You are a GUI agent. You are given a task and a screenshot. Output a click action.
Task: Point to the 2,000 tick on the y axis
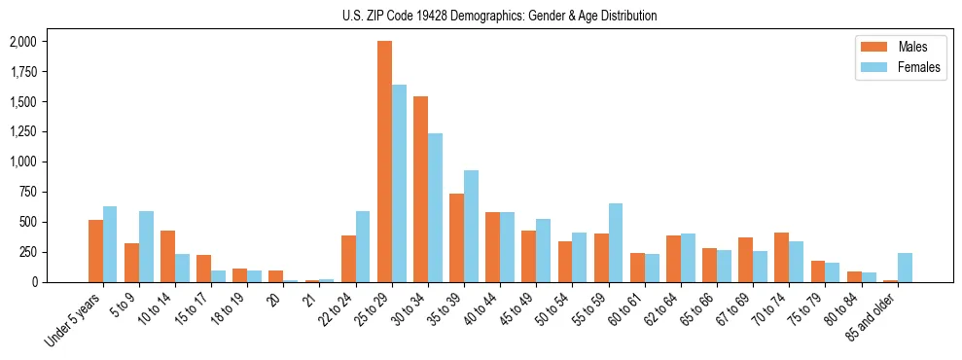(x=22, y=42)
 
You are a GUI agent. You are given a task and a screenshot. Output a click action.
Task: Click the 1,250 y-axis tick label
(x=22, y=131)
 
